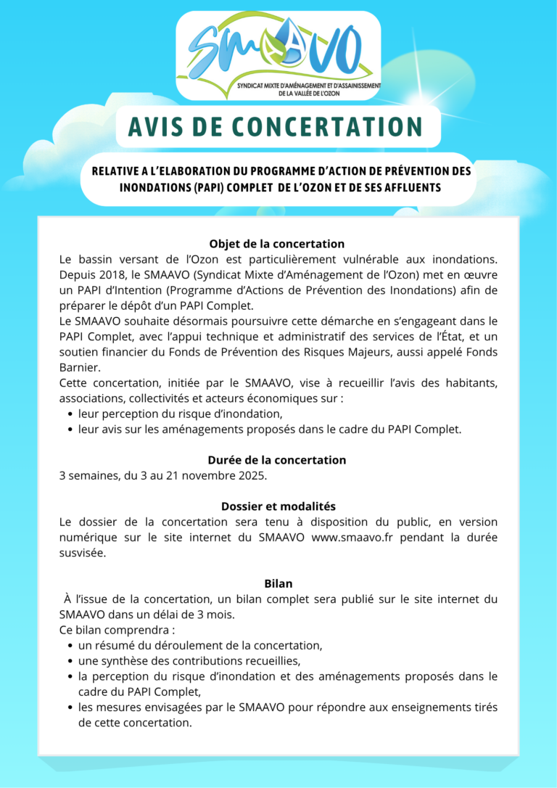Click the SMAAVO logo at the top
(278, 56)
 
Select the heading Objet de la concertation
(276, 244)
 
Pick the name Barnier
(79, 367)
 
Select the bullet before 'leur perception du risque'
(70, 414)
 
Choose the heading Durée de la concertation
(276, 460)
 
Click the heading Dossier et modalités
(278, 506)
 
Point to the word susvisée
(83, 553)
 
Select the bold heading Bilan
(278, 583)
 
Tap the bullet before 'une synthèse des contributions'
(70, 661)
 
